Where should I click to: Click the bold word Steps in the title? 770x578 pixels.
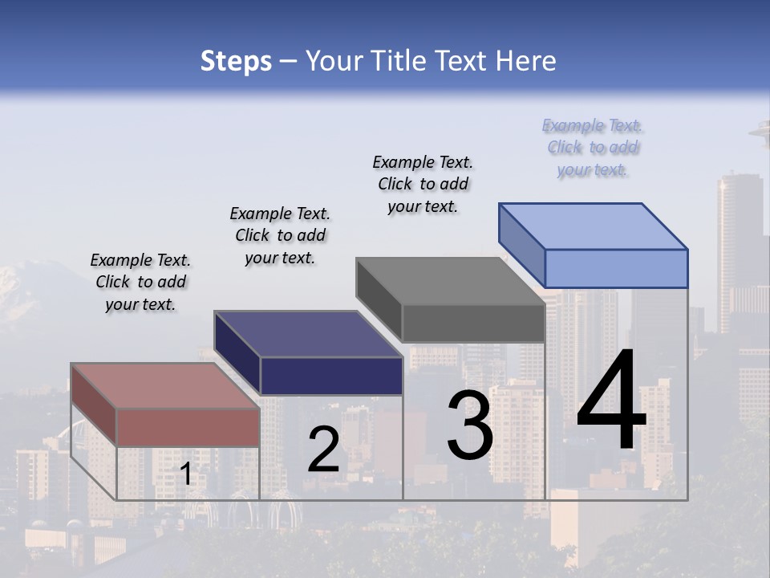coord(236,61)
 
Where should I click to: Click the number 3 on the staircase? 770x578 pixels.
coord(469,425)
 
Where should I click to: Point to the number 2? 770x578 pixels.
coord(323,450)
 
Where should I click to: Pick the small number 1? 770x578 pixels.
coord(185,474)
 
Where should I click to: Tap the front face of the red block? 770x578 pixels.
coord(188,427)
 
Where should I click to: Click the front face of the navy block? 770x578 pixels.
coord(331,376)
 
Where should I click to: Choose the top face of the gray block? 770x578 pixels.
coord(449,281)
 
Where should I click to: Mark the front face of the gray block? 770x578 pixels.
coord(473,324)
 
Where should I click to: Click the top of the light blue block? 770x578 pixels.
coord(593,226)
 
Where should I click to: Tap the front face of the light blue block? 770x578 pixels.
coord(616,268)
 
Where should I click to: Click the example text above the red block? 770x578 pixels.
coord(140,283)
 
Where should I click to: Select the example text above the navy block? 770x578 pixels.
coord(280,235)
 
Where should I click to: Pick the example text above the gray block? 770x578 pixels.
coord(423,184)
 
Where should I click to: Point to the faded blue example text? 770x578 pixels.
coord(593,148)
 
